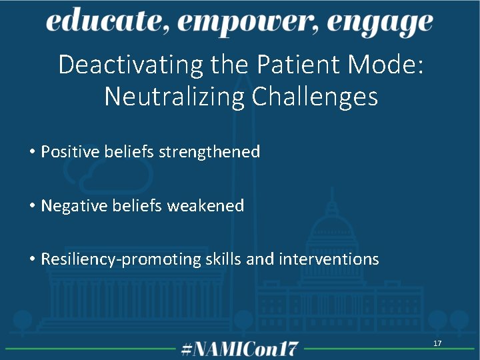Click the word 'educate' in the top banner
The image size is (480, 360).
pos(99,23)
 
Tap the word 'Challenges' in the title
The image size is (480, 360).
pos(315,97)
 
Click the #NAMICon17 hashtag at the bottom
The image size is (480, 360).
pos(240,348)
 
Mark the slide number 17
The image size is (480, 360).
pos(437,343)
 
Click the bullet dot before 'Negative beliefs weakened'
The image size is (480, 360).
pos(32,207)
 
